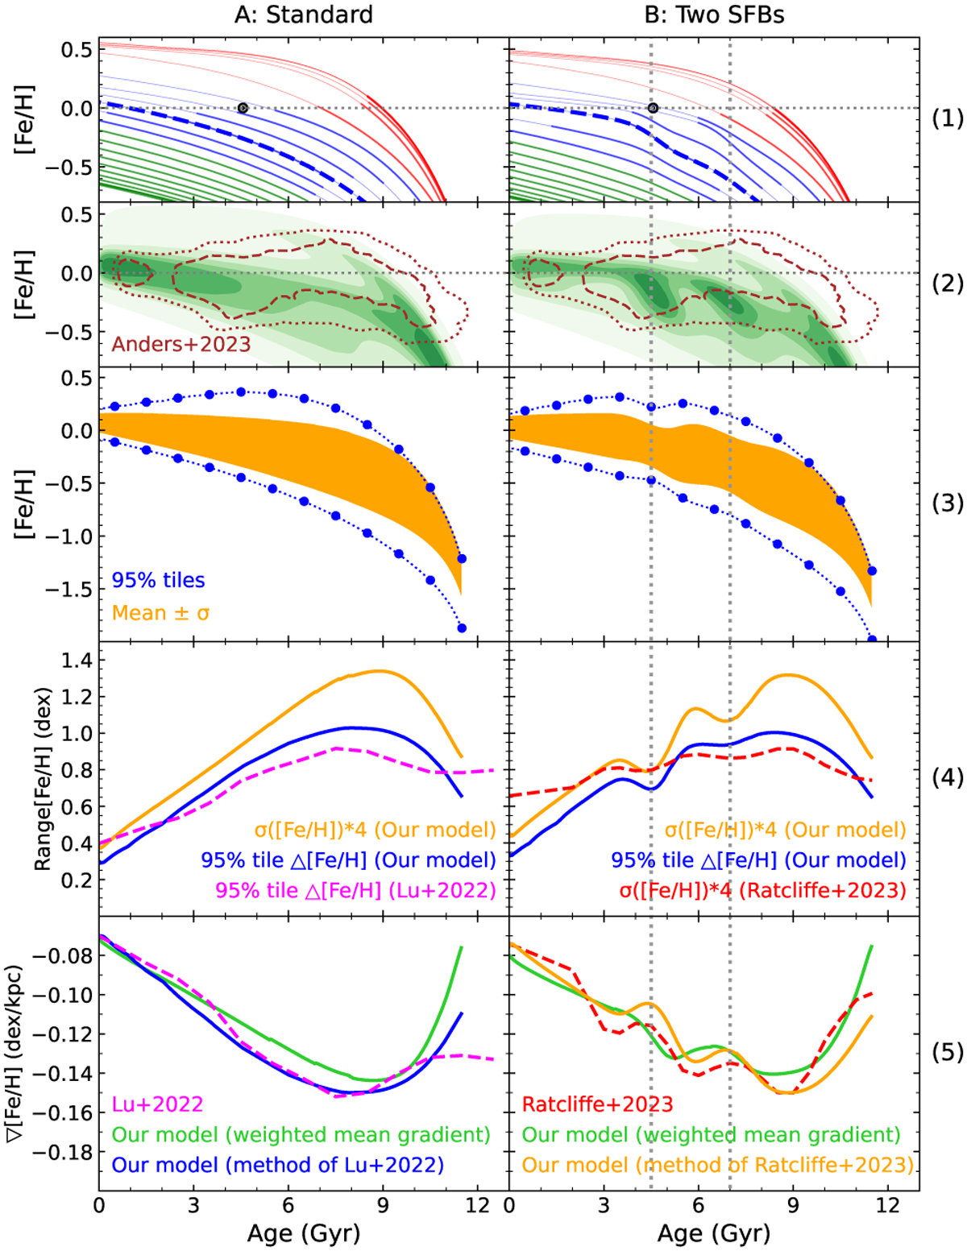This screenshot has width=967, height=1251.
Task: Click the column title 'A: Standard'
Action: coord(303,15)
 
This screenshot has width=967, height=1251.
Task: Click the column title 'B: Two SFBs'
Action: coord(714,15)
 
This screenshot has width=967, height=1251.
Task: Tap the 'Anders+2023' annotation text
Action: coord(181,344)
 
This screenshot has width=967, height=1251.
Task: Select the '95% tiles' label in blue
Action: coord(158,580)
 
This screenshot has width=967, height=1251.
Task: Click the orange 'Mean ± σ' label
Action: coord(160,613)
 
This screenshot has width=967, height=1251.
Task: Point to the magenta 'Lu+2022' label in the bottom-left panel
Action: coord(157,1104)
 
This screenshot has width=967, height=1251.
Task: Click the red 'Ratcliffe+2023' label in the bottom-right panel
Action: coord(597,1104)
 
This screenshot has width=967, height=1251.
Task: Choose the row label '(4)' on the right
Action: coord(947,777)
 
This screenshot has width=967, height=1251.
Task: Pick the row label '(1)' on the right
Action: coord(947,118)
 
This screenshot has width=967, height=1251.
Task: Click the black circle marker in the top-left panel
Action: coord(243,108)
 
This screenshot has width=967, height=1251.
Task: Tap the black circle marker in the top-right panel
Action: coord(653,108)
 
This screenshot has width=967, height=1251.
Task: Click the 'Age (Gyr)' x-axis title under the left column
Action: coord(303,1232)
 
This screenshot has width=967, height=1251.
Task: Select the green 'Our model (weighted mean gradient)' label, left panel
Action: coord(301,1134)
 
